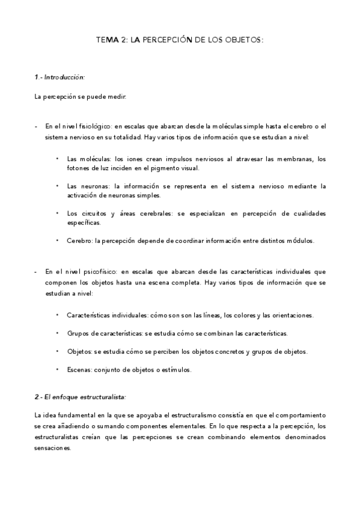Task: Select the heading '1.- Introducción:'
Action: pos(59,78)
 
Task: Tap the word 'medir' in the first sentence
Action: pos(117,97)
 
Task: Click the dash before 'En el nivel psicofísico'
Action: pos(37,271)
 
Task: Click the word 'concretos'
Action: pos(227,351)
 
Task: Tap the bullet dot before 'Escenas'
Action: pos(58,369)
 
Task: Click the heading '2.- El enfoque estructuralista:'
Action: pos(80,397)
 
